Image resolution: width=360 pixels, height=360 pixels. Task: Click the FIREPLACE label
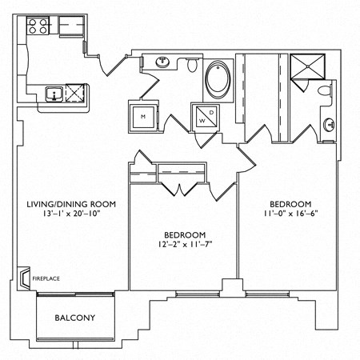[46, 278]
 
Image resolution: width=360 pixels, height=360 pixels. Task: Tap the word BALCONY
[74, 318]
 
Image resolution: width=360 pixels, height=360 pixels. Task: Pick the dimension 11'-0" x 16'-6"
[290, 214]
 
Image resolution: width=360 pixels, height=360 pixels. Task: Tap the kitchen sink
[54, 94]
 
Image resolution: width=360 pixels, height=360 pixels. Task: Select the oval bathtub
[217, 80]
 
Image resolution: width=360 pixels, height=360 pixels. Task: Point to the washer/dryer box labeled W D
[205, 117]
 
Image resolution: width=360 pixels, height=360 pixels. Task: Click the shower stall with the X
[306, 67]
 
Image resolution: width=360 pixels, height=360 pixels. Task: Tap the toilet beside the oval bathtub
[192, 66]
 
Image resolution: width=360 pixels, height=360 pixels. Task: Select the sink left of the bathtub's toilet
[163, 62]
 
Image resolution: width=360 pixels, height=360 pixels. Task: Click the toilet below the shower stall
[323, 93]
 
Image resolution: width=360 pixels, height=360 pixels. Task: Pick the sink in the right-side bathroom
[330, 124]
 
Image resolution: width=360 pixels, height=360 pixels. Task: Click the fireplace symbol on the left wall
[24, 277]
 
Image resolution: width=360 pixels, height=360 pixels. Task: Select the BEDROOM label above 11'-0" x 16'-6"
[290, 203]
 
